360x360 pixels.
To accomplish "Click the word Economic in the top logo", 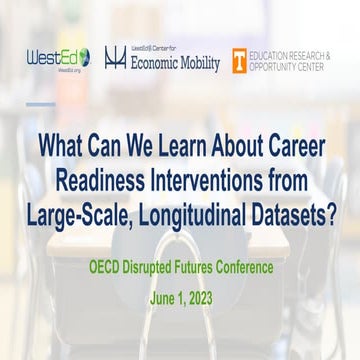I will click(155, 62).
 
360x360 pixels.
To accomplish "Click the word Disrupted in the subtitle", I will click(153, 239).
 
